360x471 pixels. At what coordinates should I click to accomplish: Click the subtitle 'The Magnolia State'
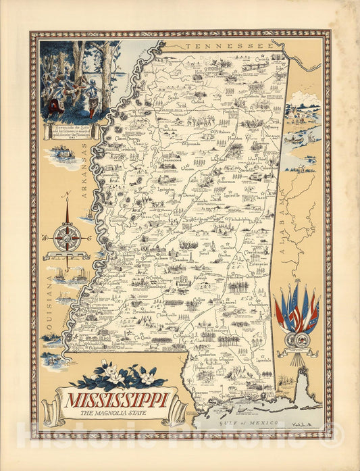(x=111, y=414)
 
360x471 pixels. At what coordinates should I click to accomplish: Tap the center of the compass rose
(x=68, y=237)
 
